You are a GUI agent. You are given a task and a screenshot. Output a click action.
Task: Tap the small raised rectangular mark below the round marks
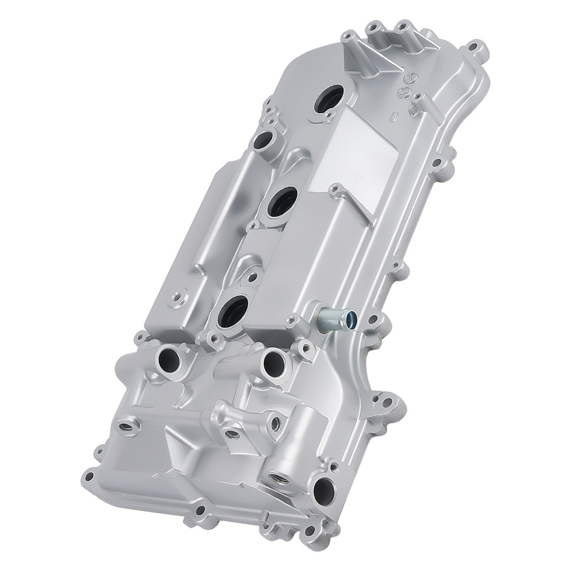coord(393,116)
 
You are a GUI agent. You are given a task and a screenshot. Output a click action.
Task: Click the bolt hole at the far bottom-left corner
coord(87,475)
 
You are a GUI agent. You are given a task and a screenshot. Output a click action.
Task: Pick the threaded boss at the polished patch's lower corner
coord(336,187)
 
